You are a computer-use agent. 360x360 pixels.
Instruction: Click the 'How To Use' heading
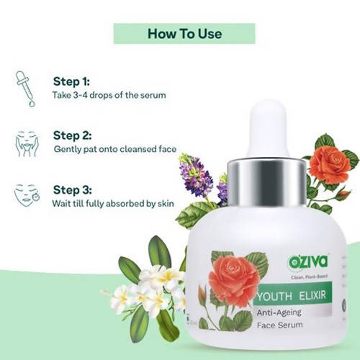[184, 34]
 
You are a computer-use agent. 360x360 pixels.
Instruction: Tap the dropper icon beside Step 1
[25, 89]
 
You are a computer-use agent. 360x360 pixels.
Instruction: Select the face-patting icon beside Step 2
[27, 143]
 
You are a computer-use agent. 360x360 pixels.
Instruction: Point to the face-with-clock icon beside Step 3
[27, 195]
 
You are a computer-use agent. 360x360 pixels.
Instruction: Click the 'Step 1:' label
[71, 81]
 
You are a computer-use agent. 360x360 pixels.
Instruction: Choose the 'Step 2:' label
[72, 135]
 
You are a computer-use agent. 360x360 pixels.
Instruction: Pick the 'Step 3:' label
[72, 190]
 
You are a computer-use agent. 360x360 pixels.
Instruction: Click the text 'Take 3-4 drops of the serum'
[109, 95]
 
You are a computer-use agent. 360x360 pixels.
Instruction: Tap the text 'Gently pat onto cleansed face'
[115, 149]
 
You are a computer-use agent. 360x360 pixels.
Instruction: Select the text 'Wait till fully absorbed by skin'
[113, 204]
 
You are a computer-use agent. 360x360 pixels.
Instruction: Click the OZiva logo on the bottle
[308, 262]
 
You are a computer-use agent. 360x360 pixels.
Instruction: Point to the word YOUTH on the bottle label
[274, 297]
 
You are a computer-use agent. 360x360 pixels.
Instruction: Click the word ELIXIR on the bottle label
[312, 295]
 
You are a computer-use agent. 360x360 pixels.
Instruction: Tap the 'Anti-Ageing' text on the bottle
[279, 312]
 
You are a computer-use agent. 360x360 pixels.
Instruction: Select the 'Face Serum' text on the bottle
[279, 325]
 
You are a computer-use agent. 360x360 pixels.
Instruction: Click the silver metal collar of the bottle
[266, 182]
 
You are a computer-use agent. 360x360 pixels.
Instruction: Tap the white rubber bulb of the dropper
[268, 129]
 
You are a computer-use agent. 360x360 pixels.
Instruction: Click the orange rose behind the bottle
[329, 163]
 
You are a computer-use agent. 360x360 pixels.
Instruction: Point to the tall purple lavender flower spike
[196, 174]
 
